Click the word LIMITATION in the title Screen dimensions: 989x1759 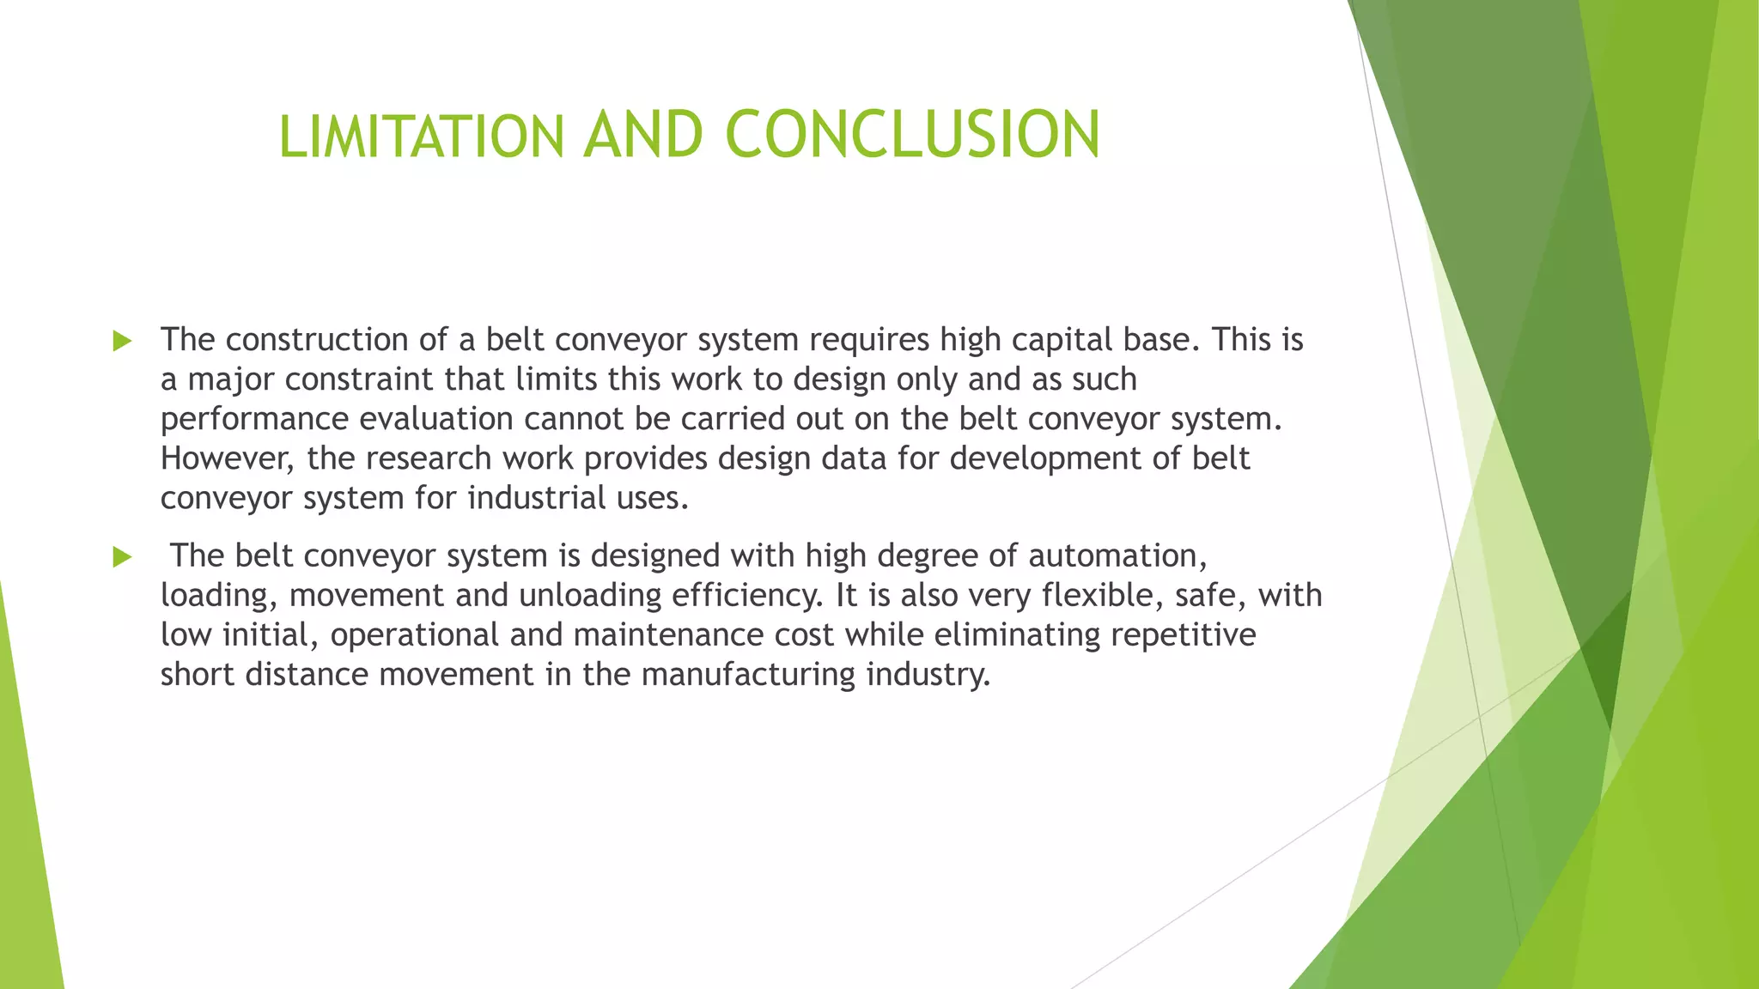(421, 137)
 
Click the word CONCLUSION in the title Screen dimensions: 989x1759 (912, 135)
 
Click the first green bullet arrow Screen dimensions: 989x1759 (122, 341)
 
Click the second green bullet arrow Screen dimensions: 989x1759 (122, 557)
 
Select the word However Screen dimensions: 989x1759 (228, 458)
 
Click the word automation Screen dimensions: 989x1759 (1117, 556)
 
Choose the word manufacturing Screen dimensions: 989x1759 (748, 675)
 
